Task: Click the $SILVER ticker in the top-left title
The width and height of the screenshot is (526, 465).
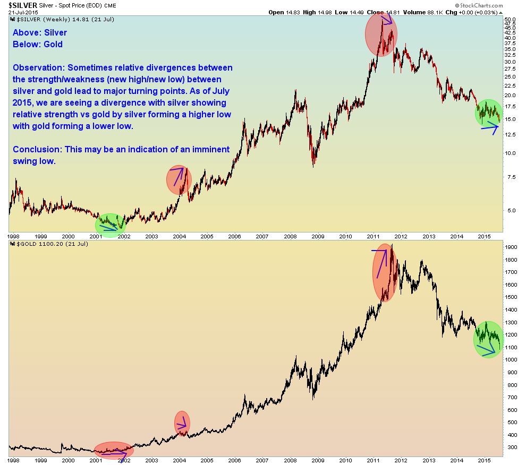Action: click(x=19, y=5)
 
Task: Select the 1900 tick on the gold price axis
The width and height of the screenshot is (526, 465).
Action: click(x=511, y=247)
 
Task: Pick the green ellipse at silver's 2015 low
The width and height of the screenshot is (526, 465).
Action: click(x=488, y=113)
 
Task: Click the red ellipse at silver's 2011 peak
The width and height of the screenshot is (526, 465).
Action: click(x=381, y=34)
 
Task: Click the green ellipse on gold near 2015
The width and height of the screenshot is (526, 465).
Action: click(x=488, y=340)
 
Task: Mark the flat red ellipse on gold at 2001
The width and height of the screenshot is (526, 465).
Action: click(x=114, y=450)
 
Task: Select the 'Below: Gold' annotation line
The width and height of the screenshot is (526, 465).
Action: click(x=38, y=44)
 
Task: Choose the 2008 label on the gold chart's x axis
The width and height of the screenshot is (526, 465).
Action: click(x=290, y=461)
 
